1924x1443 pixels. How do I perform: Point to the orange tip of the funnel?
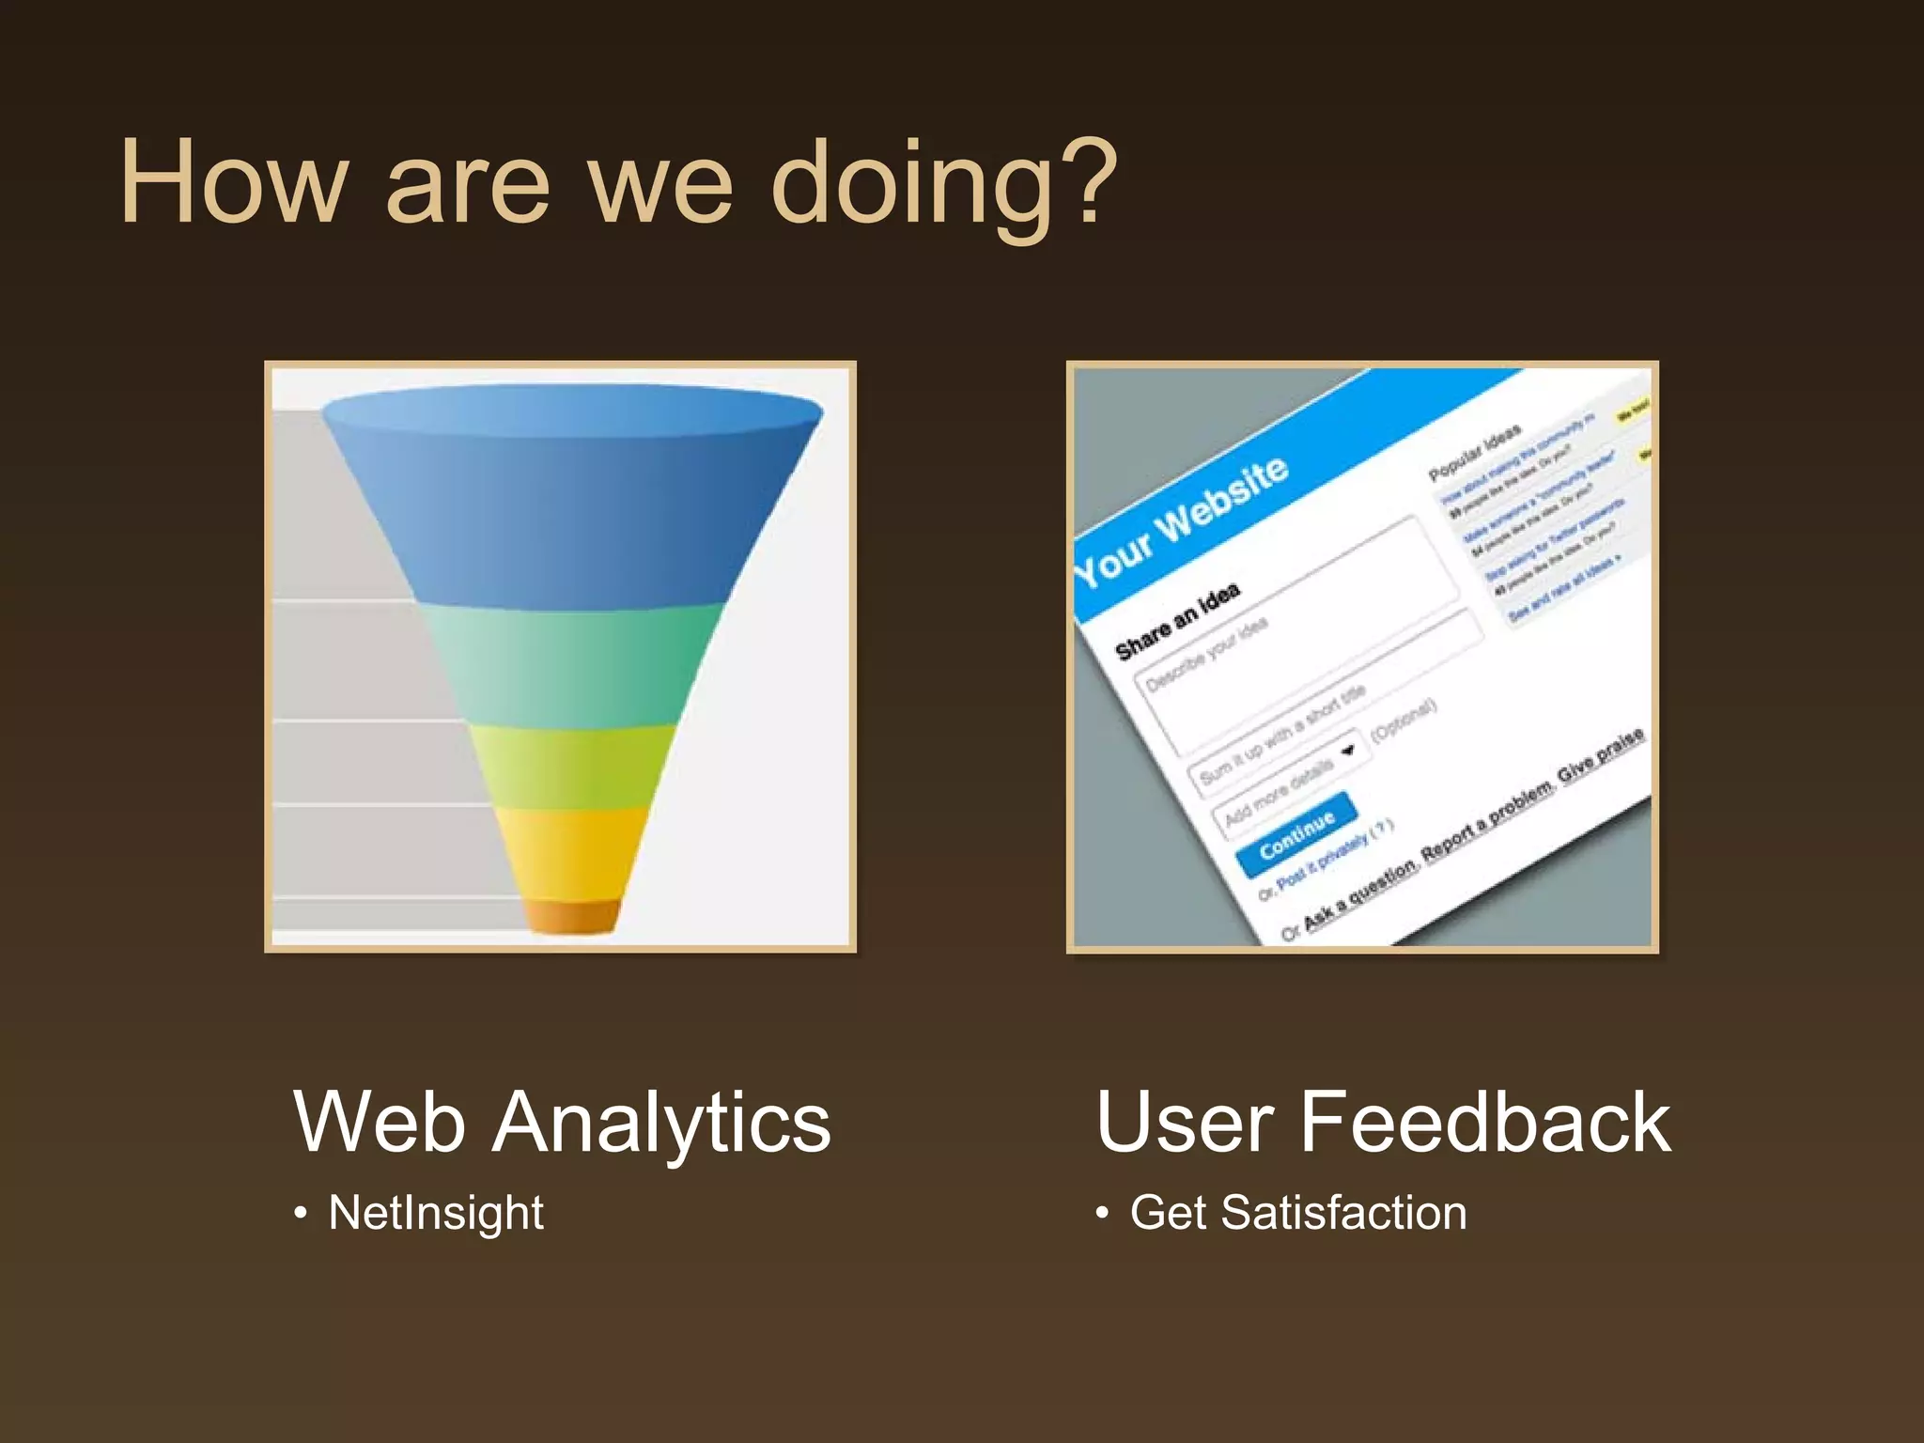click(572, 916)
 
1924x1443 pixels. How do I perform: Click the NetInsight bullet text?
click(436, 1212)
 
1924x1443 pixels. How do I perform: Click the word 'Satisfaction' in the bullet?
click(1343, 1212)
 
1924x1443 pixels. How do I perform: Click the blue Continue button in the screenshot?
click(1296, 832)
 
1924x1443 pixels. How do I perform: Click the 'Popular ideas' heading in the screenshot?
click(1474, 454)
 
